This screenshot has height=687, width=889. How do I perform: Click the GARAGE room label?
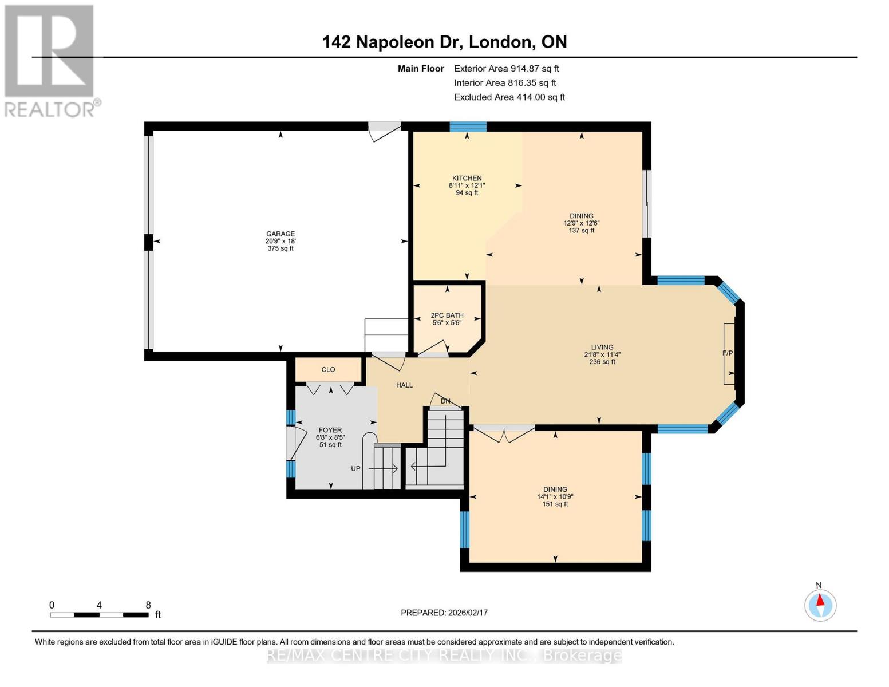(280, 234)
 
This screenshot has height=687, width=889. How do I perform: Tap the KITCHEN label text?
(467, 178)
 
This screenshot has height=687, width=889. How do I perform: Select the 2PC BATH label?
(447, 315)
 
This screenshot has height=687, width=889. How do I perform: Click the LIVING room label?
(602, 347)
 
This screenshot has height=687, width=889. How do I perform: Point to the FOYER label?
(330, 430)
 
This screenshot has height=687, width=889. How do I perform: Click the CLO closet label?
(328, 369)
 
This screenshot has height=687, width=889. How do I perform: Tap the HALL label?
(404, 385)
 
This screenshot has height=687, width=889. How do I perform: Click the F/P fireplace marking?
(728, 353)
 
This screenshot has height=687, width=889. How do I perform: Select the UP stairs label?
(355, 468)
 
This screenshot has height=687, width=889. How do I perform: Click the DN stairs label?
(445, 401)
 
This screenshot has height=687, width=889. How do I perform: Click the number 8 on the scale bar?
(148, 605)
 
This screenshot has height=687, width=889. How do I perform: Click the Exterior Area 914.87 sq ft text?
(506, 69)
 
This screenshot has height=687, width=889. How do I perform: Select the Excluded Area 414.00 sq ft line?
(509, 97)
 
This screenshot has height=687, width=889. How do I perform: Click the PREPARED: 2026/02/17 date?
(444, 613)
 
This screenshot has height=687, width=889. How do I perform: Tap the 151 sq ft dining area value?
(555, 504)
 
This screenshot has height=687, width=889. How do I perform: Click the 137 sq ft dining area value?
(581, 231)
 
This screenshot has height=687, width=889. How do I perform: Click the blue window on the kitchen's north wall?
(468, 127)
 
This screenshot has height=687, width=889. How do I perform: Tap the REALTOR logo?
(50, 60)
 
